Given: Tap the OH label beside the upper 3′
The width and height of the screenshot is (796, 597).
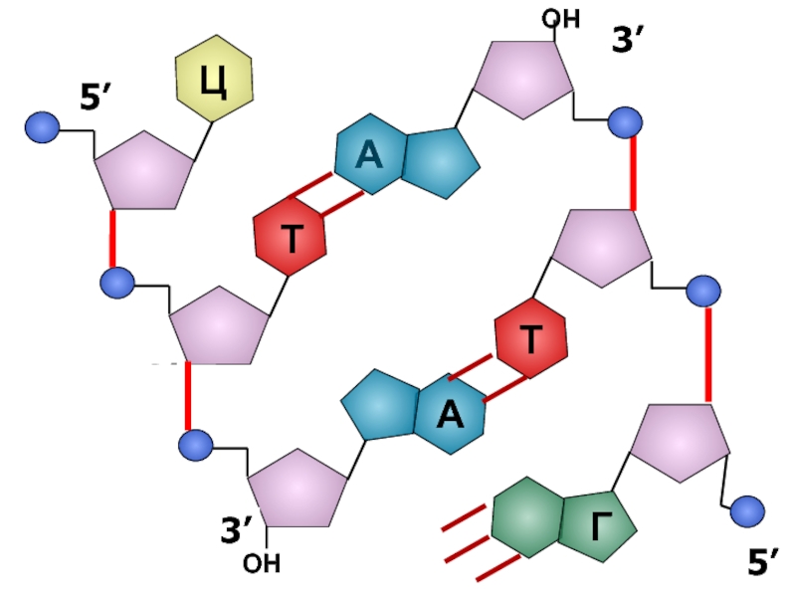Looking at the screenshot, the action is coord(560,19).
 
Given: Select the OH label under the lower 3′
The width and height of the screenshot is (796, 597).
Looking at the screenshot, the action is coord(262,564).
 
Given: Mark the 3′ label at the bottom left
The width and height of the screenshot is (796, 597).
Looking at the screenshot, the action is coord(237,530).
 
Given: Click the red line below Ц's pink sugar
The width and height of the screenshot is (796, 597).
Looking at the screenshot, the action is coord(112,239).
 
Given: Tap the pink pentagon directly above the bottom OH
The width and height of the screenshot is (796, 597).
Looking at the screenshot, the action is coord(297,487).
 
